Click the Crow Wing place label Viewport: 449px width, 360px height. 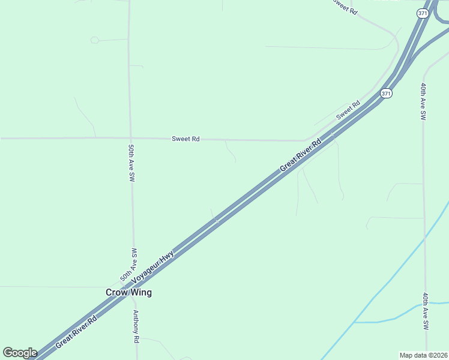click(x=128, y=293)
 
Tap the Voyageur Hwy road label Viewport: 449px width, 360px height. click(x=153, y=266)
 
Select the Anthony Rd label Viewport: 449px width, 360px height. click(x=136, y=327)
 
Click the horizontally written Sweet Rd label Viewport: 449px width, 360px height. click(x=185, y=139)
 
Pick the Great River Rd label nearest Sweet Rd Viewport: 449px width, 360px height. click(x=300, y=157)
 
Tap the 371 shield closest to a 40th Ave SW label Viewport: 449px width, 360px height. click(x=387, y=94)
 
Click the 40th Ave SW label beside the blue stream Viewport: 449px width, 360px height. click(x=425, y=311)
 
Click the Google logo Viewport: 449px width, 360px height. click(x=20, y=353)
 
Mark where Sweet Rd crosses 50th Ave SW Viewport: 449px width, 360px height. click(x=130, y=138)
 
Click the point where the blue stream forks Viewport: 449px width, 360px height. click(x=354, y=322)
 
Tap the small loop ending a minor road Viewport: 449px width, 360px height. click(x=94, y=40)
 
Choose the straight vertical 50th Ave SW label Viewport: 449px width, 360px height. click(x=131, y=163)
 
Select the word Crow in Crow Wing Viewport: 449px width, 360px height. click(x=116, y=293)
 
